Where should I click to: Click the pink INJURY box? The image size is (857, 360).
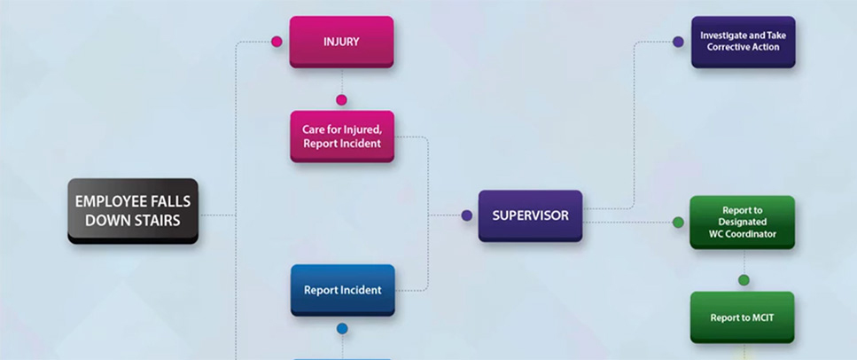coord(341,41)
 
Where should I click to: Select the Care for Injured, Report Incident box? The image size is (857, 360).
coord(341,136)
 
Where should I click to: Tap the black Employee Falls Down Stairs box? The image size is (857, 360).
coord(133,210)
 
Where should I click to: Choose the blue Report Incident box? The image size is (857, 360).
coord(342,289)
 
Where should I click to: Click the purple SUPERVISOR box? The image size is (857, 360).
coord(530,215)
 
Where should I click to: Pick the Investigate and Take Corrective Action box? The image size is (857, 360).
coord(743,41)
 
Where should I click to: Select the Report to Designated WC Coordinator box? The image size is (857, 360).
coord(742,222)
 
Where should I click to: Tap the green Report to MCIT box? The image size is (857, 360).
coord(742,317)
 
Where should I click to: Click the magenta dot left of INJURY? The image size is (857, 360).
coord(277,42)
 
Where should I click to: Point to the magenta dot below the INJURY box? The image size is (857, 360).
coord(341,100)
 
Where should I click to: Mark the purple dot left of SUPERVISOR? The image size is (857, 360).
coord(467,215)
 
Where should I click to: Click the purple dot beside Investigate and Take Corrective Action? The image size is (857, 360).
coord(678,42)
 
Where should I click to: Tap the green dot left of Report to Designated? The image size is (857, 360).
coord(678,223)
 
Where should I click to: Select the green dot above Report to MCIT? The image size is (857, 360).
coord(744,280)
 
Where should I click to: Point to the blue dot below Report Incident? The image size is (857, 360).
coord(342,329)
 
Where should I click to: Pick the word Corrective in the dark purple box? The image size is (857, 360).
coord(727,47)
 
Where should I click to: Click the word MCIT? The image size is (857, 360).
coord(761,317)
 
